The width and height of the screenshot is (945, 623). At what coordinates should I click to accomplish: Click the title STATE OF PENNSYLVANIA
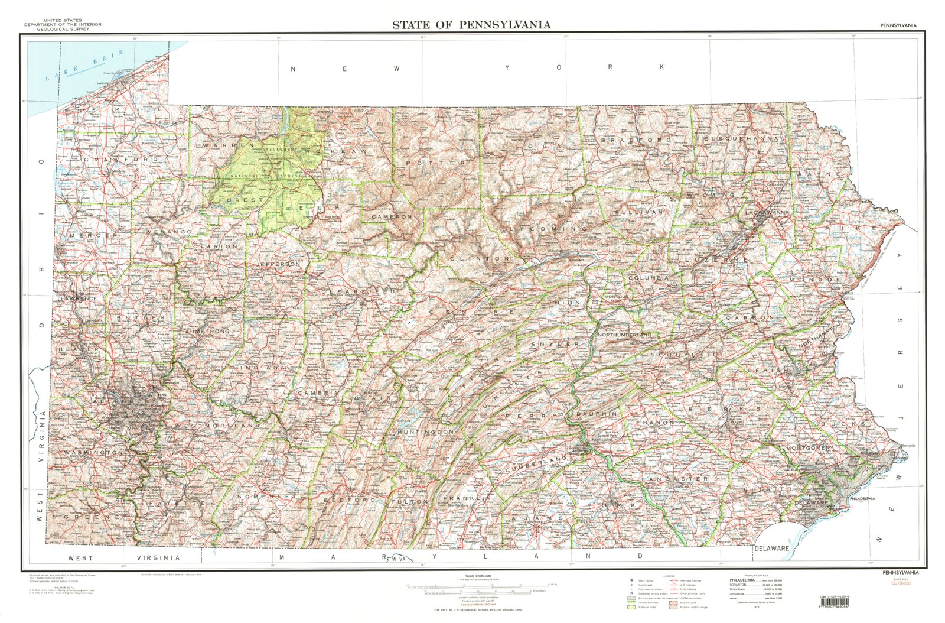point(471,24)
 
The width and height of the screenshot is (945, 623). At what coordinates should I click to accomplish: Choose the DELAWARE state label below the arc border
point(771,548)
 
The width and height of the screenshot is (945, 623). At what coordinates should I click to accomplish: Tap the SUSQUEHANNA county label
point(741,138)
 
